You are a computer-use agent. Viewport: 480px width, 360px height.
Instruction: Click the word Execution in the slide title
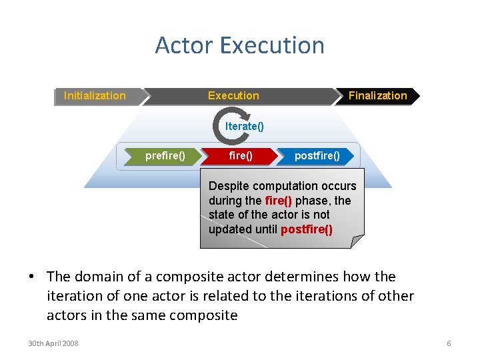point(272,45)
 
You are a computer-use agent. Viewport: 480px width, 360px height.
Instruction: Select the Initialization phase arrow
point(95,96)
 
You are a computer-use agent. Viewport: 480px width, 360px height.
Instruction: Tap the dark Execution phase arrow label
point(233,96)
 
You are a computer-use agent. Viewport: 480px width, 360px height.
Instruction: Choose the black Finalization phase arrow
point(377,96)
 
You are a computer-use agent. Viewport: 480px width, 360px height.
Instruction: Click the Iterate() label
point(245,127)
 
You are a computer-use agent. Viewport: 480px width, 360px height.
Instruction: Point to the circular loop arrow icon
point(224,127)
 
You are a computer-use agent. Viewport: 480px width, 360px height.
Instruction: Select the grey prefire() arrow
point(165,156)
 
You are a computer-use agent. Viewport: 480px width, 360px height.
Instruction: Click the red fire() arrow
point(241,156)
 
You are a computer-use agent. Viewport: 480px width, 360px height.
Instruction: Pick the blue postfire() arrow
point(317,156)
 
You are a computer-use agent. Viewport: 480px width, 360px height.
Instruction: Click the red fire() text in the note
point(278,201)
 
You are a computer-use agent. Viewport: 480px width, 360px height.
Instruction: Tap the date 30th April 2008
point(53,343)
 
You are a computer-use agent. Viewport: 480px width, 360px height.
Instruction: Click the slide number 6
point(449,343)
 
